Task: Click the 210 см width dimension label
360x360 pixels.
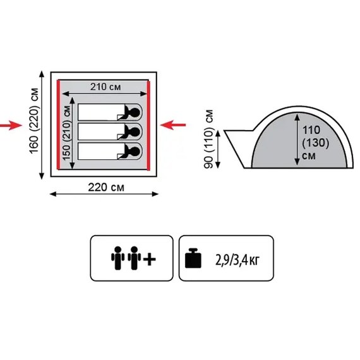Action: [x=105, y=87]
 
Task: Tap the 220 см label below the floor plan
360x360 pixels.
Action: [x=106, y=188]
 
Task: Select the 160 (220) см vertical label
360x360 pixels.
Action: [x=34, y=121]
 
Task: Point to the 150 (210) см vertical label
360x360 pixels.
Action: [x=66, y=133]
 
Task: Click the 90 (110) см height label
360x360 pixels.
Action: [x=208, y=139]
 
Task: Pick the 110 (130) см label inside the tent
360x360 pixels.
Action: [x=316, y=143]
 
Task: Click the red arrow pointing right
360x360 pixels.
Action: [x=11, y=125]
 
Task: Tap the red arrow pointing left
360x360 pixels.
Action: [x=173, y=125]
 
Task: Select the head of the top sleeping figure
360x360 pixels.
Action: [x=135, y=112]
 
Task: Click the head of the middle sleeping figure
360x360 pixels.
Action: [x=135, y=132]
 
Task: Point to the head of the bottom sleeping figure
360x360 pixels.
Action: [x=135, y=152]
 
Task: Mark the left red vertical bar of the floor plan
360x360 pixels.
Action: [x=58, y=125]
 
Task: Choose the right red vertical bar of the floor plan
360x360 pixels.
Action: [x=148, y=126]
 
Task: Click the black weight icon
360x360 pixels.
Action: [x=193, y=258]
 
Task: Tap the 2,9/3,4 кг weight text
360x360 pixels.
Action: [x=237, y=260]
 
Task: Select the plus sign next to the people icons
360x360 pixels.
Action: [x=150, y=260]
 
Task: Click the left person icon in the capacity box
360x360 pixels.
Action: [x=117, y=258]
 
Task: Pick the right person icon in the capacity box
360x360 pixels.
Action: [x=135, y=258]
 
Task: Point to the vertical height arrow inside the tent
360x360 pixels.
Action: [x=297, y=140]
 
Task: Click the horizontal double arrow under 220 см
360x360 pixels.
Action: [x=104, y=195]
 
